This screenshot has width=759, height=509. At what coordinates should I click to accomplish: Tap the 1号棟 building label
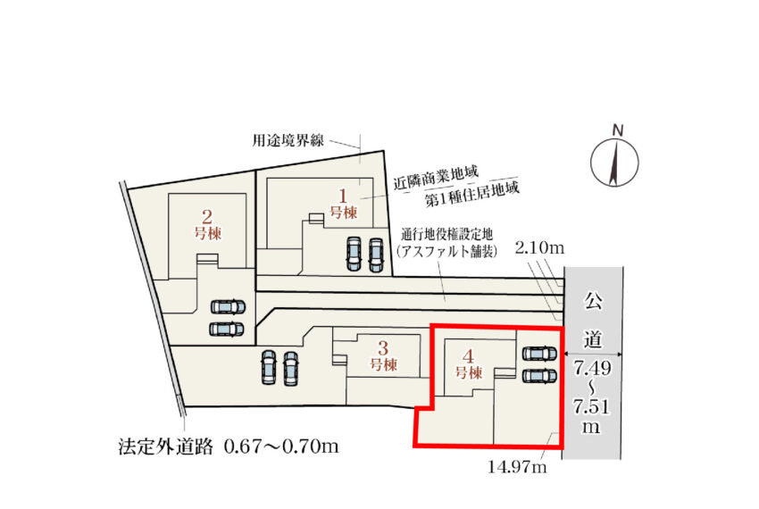343,204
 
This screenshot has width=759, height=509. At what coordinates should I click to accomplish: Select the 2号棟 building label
208,224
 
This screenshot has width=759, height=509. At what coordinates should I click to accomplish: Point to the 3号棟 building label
383,355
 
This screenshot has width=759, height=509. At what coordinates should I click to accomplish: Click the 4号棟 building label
468,364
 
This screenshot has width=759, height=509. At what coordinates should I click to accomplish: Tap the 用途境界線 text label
288,140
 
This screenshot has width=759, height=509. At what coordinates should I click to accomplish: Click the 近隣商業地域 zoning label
436,177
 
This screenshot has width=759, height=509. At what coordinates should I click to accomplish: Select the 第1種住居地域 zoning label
472,194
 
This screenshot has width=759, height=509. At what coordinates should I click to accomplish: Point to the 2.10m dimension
539,248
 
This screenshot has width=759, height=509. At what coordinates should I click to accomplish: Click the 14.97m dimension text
517,467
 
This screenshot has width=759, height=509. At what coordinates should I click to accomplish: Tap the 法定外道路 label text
165,446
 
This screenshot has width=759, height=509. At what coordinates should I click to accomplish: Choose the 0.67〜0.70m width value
281,446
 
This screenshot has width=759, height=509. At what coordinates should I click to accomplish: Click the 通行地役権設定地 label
446,235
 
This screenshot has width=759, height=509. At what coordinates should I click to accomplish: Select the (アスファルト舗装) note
446,251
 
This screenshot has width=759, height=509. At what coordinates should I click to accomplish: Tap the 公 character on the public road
593,300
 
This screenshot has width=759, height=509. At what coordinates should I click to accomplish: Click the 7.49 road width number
593,368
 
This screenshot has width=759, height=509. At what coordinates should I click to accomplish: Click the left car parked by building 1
354,254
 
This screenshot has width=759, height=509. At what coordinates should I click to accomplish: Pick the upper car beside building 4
539,354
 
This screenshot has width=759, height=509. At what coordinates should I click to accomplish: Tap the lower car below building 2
227,329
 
